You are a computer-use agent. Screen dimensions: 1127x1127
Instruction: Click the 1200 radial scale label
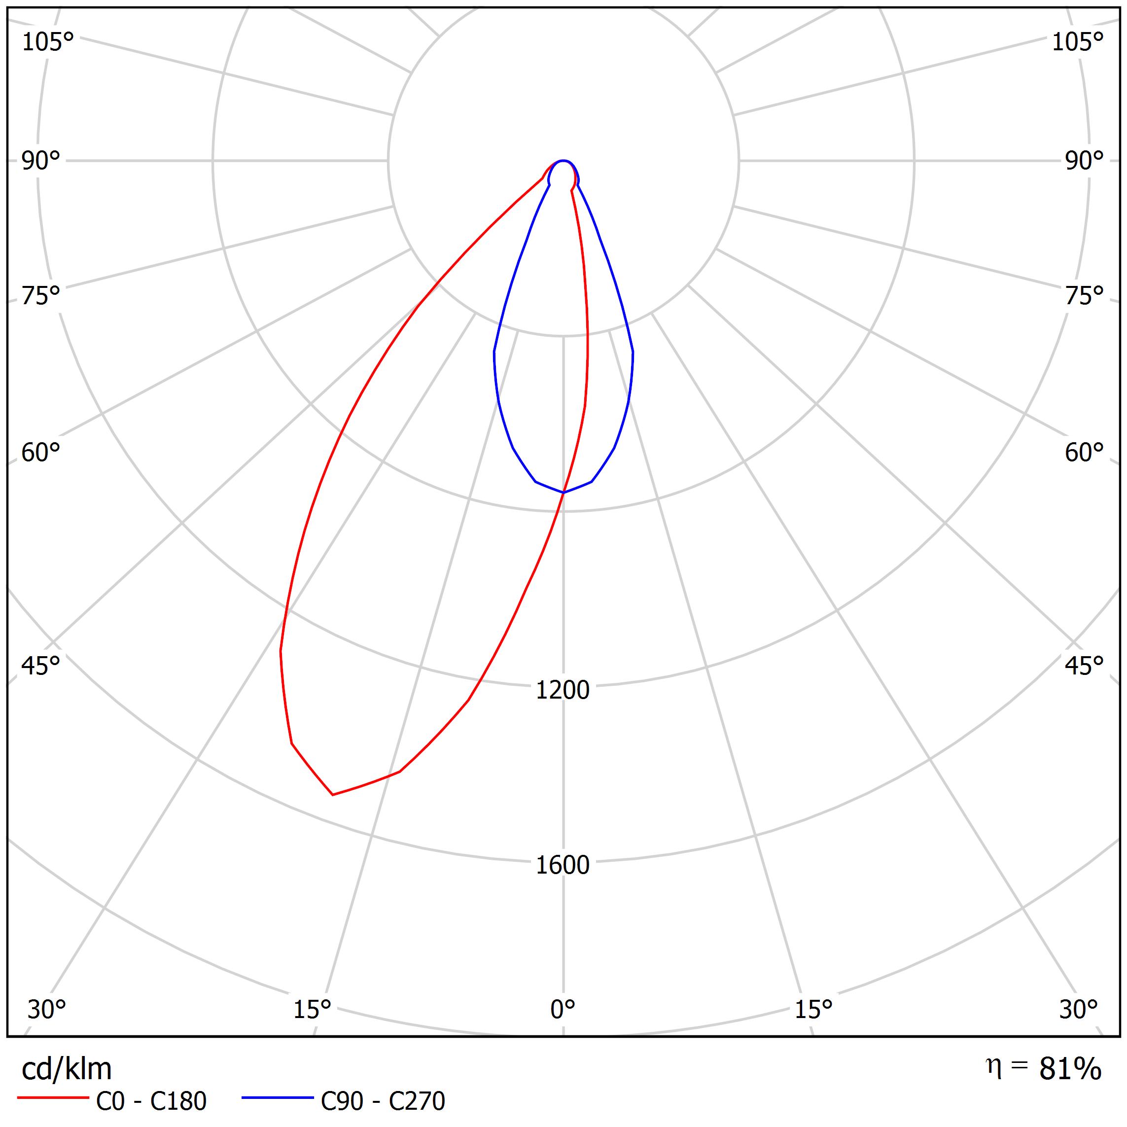563,690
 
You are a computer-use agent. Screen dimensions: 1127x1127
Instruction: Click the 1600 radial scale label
563,865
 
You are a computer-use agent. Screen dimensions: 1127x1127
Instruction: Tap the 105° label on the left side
48,42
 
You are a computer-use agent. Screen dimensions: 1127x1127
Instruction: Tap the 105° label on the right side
1077,42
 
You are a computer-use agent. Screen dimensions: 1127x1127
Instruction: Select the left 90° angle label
41,161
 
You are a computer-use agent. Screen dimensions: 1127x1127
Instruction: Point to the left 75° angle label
41,296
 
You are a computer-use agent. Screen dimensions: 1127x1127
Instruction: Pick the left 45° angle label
41,666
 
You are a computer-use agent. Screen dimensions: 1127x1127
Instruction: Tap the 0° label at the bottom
563,1010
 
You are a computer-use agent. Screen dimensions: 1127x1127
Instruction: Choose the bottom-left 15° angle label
312,1010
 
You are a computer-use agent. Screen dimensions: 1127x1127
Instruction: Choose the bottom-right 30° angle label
1079,1010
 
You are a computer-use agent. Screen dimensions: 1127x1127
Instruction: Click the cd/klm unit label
67,1069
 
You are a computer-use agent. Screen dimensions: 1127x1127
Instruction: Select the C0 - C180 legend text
151,1101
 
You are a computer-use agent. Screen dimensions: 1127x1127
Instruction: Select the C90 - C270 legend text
383,1101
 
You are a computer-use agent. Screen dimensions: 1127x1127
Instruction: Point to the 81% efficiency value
1070,1069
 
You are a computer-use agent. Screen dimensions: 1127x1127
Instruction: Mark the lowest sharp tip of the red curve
332,795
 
